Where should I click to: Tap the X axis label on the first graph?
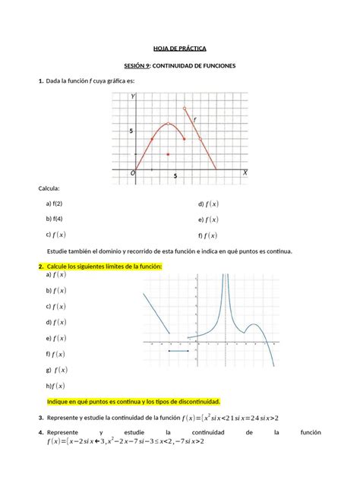pos(245,172)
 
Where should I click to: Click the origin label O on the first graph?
pos(131,173)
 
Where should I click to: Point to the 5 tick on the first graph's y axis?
pos(131,131)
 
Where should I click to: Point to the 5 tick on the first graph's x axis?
pos(175,176)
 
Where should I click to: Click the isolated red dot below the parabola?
pos(168,154)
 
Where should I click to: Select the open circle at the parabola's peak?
pos(168,124)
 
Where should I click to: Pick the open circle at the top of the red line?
pos(185,109)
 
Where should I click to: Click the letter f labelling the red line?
pos(194,119)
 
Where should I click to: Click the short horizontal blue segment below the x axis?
pos(178,351)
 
